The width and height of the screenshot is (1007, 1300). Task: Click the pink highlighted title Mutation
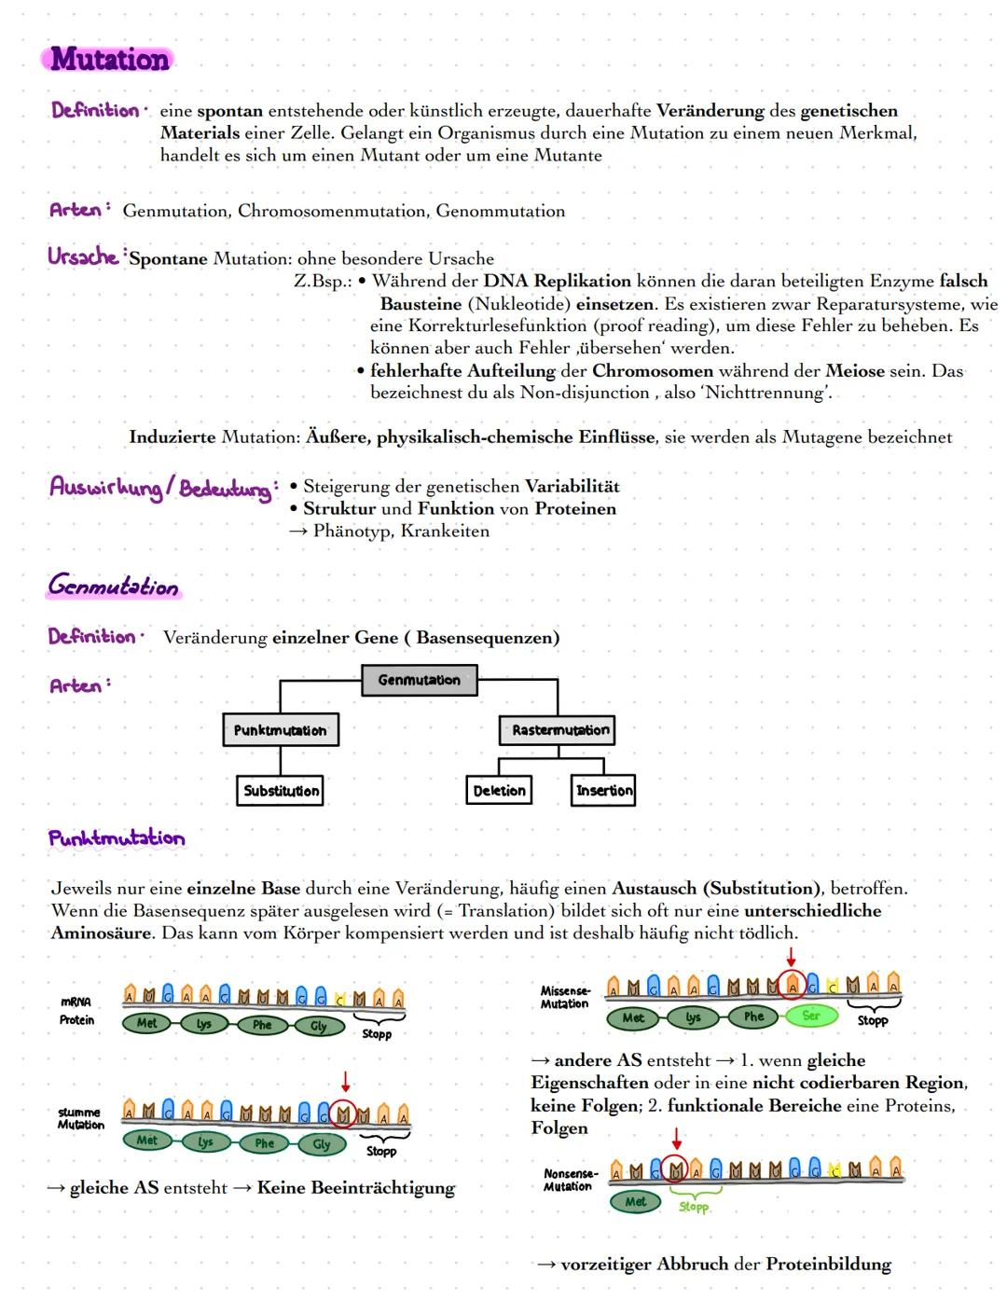pyautogui.click(x=109, y=59)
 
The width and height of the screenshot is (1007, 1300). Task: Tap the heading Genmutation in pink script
pyautogui.click(x=113, y=587)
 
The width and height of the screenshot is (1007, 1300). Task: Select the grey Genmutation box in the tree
pyautogui.click(x=419, y=680)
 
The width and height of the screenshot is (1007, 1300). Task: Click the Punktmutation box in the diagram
pyautogui.click(x=280, y=730)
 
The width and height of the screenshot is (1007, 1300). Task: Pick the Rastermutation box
pyautogui.click(x=559, y=730)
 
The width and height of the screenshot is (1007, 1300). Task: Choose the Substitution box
pyautogui.click(x=280, y=791)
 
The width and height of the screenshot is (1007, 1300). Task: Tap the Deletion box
pyautogui.click(x=499, y=791)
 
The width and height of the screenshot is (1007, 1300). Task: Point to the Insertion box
pyautogui.click(x=603, y=791)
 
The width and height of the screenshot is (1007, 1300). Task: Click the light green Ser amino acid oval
pyautogui.click(x=810, y=1016)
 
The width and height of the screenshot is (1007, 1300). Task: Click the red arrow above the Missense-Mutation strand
pyautogui.click(x=791, y=957)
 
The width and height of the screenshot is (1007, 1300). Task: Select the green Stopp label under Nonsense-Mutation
pyautogui.click(x=694, y=1207)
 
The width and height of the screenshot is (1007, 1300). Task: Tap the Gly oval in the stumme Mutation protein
pyautogui.click(x=321, y=1144)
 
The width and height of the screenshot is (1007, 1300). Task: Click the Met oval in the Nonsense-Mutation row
pyautogui.click(x=635, y=1202)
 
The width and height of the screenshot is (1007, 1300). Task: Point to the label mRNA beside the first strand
pyautogui.click(x=76, y=1003)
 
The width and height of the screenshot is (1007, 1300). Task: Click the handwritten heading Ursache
pyautogui.click(x=84, y=256)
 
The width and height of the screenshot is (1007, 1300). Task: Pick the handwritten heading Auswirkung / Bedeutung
pyautogui.click(x=161, y=488)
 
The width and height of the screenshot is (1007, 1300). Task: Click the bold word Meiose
pyautogui.click(x=854, y=370)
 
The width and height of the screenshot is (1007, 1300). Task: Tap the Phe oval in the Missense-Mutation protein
pyautogui.click(x=753, y=1017)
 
